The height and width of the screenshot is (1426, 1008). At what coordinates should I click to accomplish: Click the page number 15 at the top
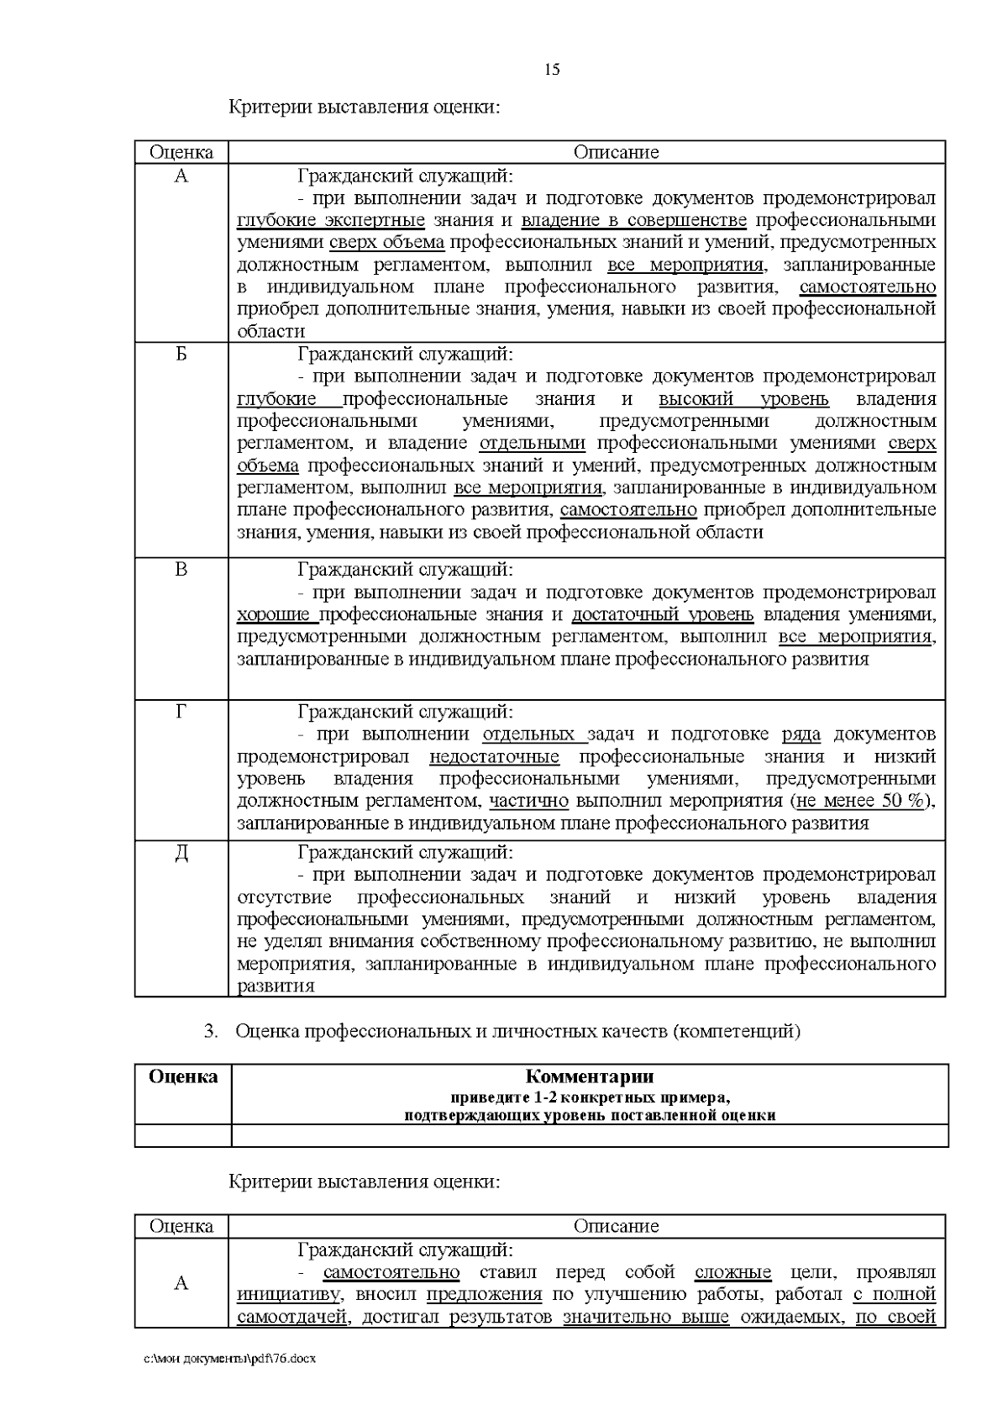tap(552, 70)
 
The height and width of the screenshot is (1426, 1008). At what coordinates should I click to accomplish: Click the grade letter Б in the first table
tap(181, 355)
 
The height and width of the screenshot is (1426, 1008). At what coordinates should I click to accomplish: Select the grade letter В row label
tap(181, 570)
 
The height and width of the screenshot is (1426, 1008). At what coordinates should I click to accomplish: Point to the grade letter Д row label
tap(181, 854)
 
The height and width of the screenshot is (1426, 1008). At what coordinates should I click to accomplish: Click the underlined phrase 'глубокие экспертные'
tap(331, 221)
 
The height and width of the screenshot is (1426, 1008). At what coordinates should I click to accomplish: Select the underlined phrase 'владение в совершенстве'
tap(634, 221)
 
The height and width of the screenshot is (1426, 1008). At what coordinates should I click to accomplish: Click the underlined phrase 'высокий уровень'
tap(743, 399)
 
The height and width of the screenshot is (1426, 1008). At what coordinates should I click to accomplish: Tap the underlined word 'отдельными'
tap(533, 444)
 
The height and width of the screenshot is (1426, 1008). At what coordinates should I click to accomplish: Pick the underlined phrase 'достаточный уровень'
tap(663, 615)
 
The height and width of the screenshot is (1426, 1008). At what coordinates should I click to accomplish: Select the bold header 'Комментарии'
tap(590, 1076)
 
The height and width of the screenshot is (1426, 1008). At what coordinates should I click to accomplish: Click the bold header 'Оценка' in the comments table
tap(183, 1076)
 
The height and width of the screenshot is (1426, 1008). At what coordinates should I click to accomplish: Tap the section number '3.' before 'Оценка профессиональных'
tap(212, 1031)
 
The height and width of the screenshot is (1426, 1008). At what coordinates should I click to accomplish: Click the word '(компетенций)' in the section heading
tap(736, 1031)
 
